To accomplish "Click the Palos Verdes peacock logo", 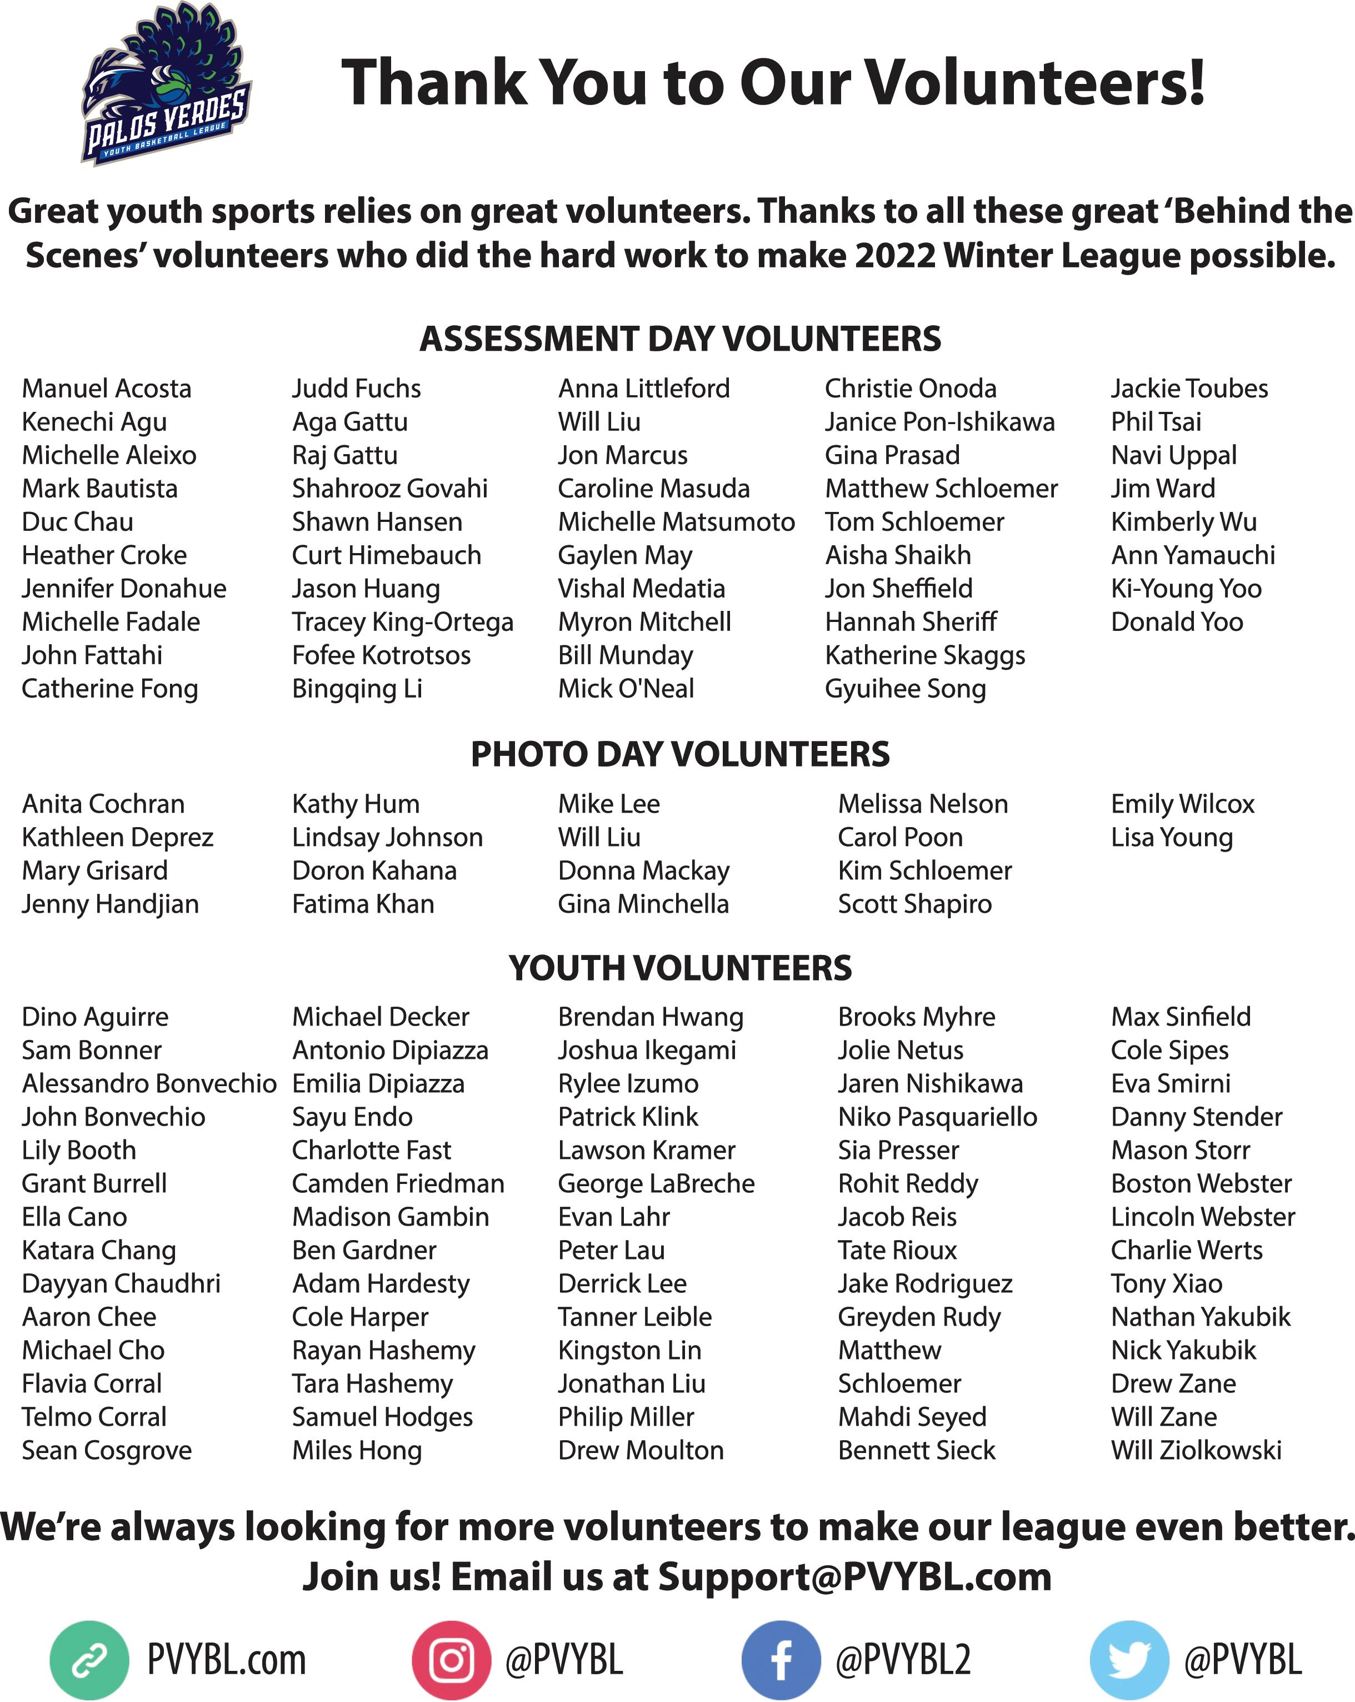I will click(166, 83).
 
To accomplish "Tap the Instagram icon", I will click(452, 1660).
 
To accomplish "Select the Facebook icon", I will click(781, 1660).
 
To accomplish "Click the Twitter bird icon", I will click(1128, 1660).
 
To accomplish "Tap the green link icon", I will click(89, 1660).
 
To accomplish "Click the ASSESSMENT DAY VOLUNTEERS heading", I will click(679, 339).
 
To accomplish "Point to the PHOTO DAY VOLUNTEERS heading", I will click(679, 754).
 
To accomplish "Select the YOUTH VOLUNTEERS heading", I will click(679, 968).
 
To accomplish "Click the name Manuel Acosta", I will click(107, 389).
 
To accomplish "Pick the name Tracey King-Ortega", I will click(402, 622).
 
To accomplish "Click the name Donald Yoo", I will click(1177, 622).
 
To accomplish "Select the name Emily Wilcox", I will click(1182, 804).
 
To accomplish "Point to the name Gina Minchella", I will click(643, 904).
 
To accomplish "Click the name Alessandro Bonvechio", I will click(149, 1083).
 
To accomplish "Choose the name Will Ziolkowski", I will click(1196, 1450).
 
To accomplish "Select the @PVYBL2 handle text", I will click(903, 1660).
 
